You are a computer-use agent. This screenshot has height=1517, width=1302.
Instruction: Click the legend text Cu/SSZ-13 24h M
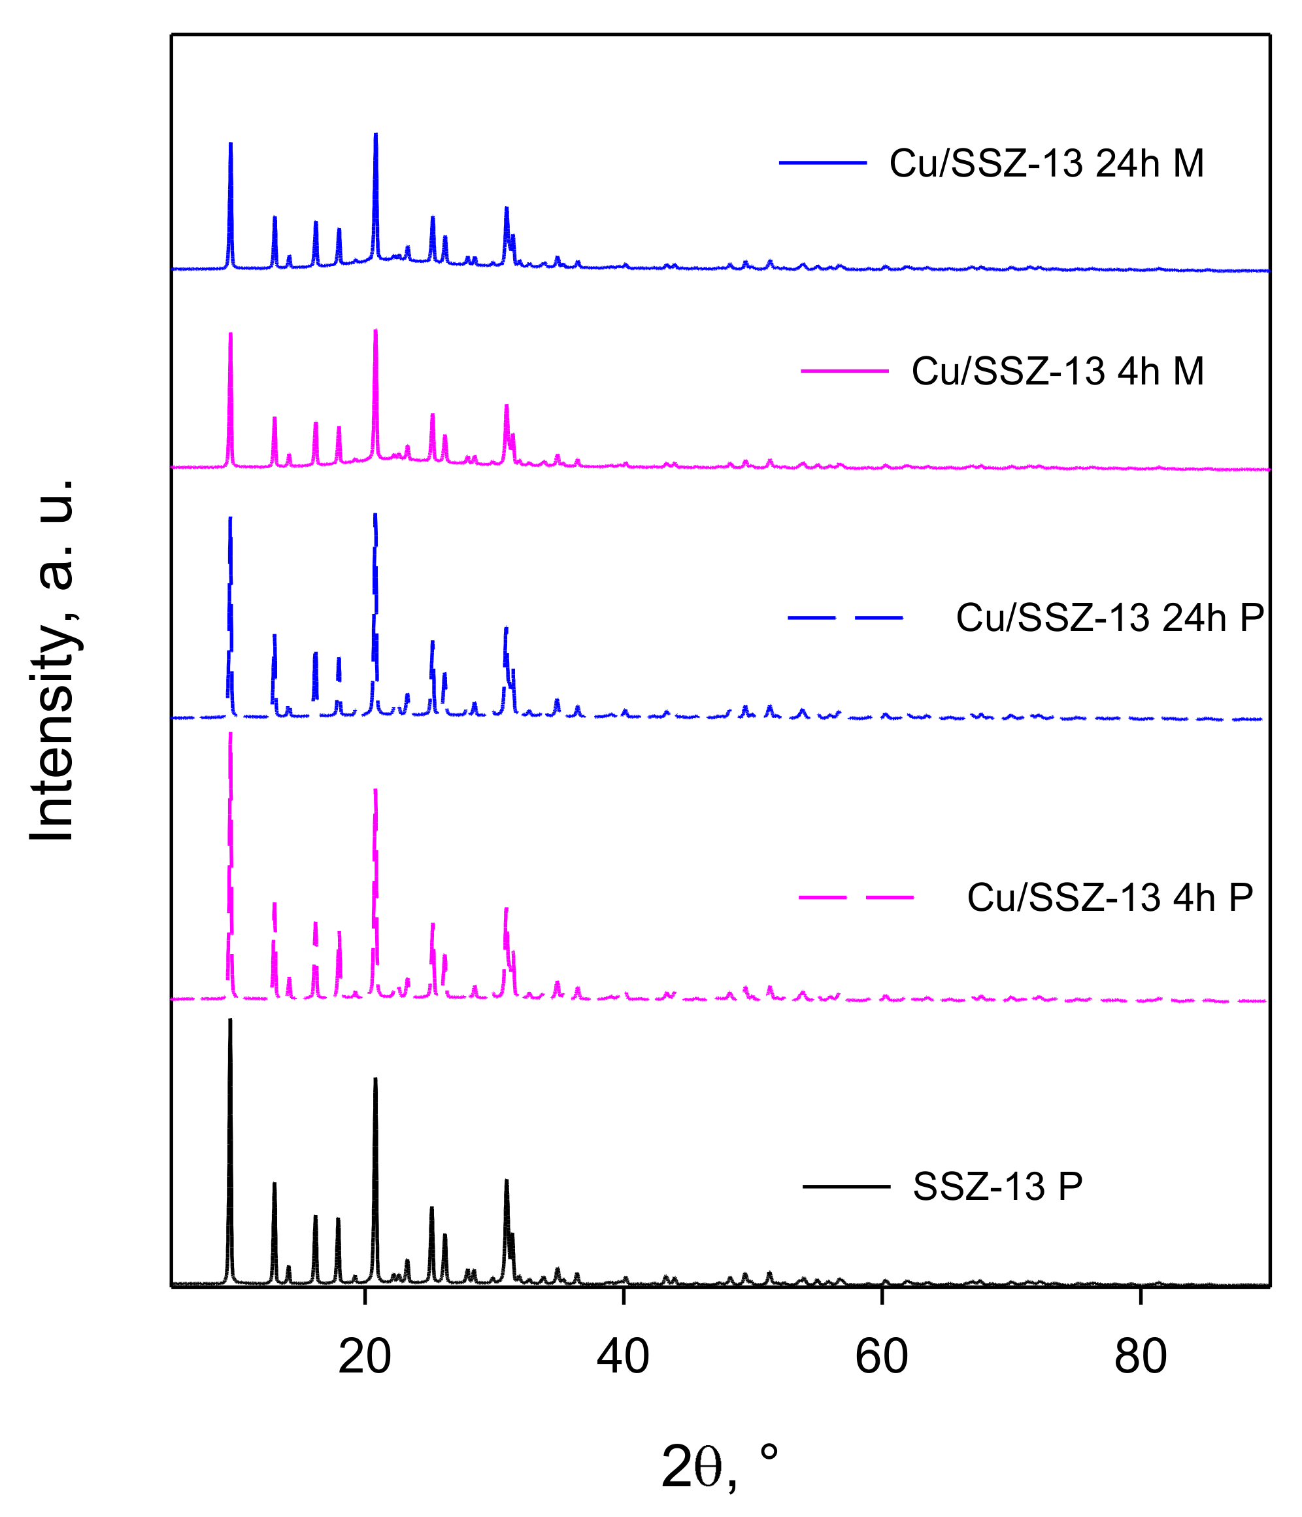tap(1046, 163)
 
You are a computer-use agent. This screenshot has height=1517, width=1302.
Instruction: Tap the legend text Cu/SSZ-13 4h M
tap(1058, 371)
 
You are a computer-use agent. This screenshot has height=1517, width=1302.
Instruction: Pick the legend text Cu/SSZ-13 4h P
tap(1110, 897)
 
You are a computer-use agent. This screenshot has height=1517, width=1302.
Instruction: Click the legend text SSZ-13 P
tap(997, 1186)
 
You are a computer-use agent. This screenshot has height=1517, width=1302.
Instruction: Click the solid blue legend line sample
tap(823, 163)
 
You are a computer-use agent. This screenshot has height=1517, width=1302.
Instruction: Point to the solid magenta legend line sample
tap(844, 371)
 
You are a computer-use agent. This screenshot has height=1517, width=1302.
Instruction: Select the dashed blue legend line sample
tap(845, 618)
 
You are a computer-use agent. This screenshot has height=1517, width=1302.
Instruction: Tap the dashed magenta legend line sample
tap(856, 897)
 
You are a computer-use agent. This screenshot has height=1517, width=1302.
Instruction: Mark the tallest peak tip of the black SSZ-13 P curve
tap(231, 1020)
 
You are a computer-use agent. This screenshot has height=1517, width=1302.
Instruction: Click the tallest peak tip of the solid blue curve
tap(375, 134)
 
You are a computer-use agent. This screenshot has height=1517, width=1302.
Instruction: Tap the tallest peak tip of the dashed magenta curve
tap(231, 734)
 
